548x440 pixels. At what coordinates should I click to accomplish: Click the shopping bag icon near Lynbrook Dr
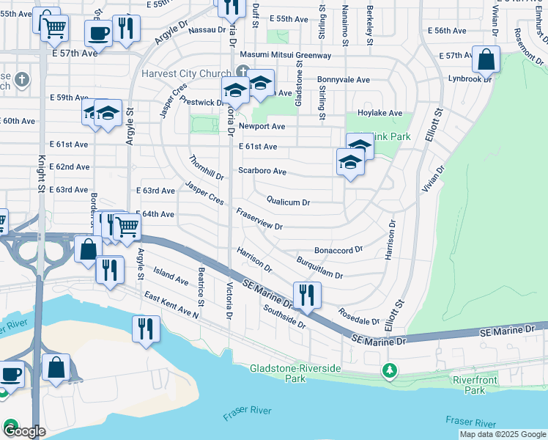click(486, 59)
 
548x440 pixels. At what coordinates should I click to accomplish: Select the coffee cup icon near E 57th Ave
click(98, 33)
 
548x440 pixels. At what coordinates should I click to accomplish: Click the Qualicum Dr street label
click(288, 202)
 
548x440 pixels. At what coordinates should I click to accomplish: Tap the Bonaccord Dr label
click(338, 249)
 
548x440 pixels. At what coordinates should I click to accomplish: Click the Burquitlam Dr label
click(319, 268)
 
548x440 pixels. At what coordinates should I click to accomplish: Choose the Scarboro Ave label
click(262, 171)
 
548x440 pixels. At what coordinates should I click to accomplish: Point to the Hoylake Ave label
click(379, 113)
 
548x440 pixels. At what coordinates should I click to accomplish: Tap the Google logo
click(23, 430)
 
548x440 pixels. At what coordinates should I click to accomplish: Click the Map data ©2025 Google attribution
click(502, 434)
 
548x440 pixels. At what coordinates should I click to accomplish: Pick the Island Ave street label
click(171, 276)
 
